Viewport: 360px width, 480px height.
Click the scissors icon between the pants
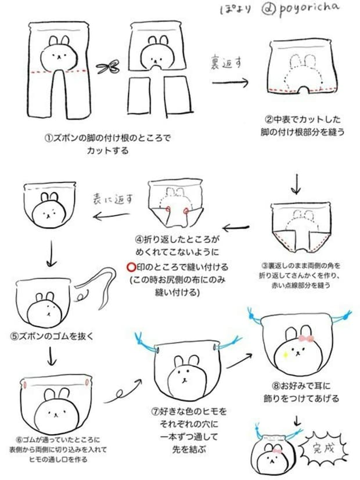(108, 67)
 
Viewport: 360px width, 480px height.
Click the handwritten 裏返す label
(226, 63)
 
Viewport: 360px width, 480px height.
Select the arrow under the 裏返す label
(230, 82)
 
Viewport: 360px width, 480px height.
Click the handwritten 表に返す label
(113, 199)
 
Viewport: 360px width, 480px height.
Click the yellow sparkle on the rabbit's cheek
(285, 355)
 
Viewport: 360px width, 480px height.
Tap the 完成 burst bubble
(323, 449)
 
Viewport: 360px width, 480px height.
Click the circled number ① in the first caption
(49, 138)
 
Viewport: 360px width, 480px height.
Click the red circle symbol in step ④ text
(131, 267)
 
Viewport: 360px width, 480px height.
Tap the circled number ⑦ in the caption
(155, 411)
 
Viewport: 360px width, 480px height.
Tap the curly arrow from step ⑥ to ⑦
(123, 391)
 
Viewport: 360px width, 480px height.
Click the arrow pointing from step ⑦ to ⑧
(239, 360)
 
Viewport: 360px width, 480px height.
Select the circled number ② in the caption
(268, 119)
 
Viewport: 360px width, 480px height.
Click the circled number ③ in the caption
(265, 265)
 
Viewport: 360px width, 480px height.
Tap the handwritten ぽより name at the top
(235, 9)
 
